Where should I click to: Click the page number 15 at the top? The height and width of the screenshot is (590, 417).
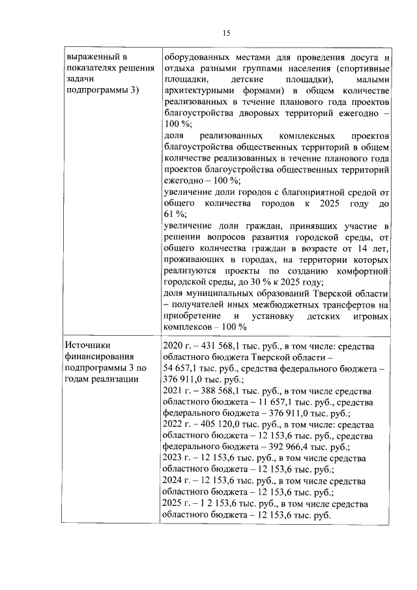[x=226, y=33]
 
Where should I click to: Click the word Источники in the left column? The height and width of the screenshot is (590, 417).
[x=87, y=345]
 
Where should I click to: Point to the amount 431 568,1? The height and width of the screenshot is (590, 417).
[x=214, y=345]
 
